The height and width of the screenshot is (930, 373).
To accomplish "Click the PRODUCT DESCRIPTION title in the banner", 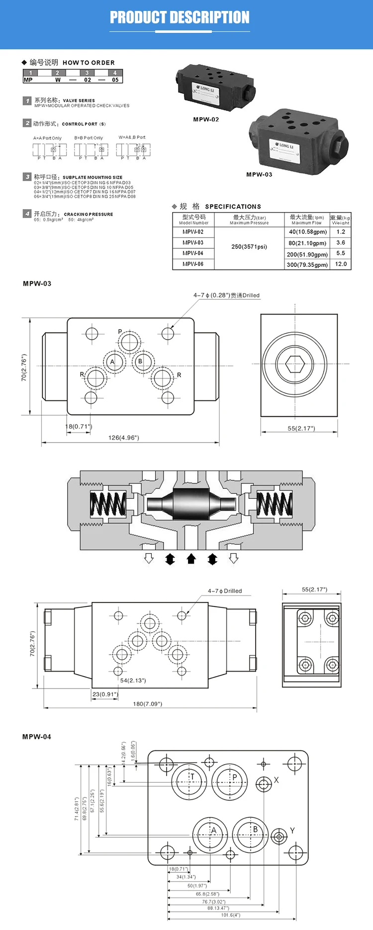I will coord(180,18).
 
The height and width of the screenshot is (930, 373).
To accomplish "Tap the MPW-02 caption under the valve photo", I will coord(206,119).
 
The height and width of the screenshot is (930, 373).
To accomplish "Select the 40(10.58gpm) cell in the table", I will coord(308,232).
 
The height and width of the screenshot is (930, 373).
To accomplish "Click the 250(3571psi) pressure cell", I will coord(249,247).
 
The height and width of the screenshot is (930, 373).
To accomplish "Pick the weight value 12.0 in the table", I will coord(341,264).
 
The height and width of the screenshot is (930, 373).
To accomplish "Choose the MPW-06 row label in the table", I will coord(193,264).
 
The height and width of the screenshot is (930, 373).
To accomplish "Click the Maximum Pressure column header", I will coord(249,220).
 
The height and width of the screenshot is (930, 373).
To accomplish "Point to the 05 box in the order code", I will coord(115,80).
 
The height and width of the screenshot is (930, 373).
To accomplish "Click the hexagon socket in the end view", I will coord(295,364).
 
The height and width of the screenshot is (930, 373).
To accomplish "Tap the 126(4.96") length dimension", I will coord(124,438).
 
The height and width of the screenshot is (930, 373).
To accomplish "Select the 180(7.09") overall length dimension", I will coord(147,704).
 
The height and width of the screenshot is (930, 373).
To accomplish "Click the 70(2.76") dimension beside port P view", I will coord(24,368).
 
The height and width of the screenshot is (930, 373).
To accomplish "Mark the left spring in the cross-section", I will coord(107,504).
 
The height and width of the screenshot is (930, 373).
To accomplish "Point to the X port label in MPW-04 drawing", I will coord(277,780).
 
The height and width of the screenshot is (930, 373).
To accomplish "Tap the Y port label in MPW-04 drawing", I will coord(292,830).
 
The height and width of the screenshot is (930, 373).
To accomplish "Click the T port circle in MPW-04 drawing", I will coord(189,782).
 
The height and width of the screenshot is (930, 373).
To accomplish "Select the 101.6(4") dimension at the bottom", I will coord(230,915).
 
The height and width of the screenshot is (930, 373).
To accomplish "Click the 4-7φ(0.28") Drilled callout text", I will coord(226,295).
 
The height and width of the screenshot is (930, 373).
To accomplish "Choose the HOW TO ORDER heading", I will coord(89,63).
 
